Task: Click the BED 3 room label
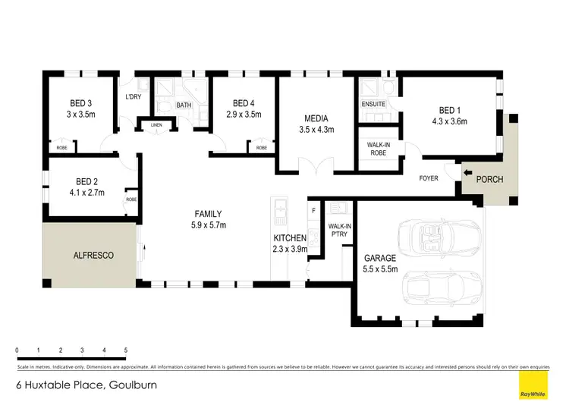pyautogui.click(x=80, y=103)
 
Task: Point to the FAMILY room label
pyautogui.click(x=208, y=213)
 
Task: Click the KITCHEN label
pyautogui.click(x=290, y=238)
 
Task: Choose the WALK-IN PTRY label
pyautogui.click(x=338, y=230)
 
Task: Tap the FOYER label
pyautogui.click(x=429, y=179)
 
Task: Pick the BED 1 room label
pyautogui.click(x=449, y=109)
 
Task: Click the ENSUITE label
pyautogui.click(x=373, y=104)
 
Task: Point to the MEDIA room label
pyautogui.click(x=316, y=118)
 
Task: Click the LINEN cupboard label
pyautogui.click(x=157, y=124)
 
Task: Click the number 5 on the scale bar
pyautogui.click(x=125, y=350)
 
